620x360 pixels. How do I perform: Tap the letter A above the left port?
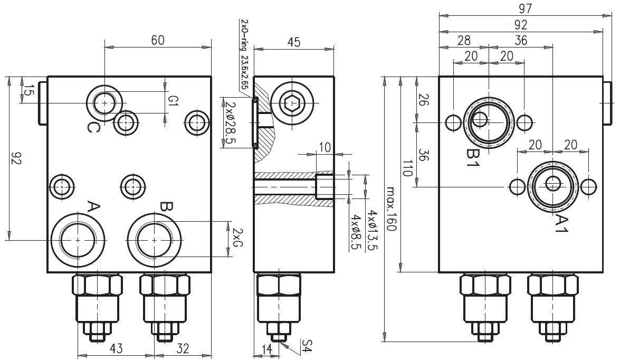93,206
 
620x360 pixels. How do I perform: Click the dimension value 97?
524,8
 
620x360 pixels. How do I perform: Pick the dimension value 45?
293,43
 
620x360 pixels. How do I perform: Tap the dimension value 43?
116,349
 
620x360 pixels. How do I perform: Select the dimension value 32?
183,349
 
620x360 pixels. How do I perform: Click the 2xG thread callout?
238,238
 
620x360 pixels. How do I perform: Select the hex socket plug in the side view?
292,104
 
